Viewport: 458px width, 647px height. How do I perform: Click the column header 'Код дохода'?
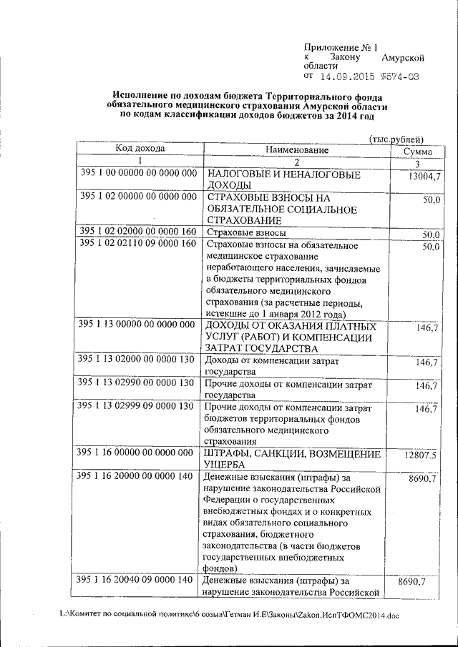pyautogui.click(x=140, y=149)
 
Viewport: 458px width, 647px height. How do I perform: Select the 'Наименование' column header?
pyautogui.click(x=296, y=150)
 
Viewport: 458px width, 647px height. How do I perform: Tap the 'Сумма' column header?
pyautogui.click(x=416, y=152)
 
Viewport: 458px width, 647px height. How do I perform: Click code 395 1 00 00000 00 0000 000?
pyautogui.click(x=138, y=174)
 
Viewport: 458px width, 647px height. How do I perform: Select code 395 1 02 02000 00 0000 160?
pyautogui.click(x=138, y=232)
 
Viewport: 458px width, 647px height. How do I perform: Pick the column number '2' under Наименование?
pyautogui.click(x=296, y=162)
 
